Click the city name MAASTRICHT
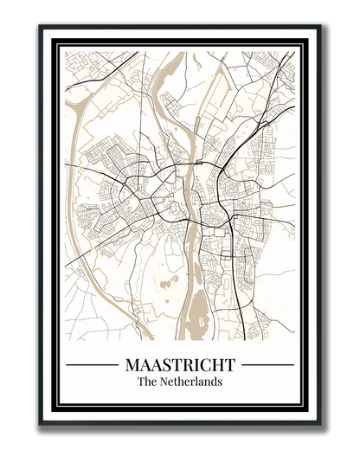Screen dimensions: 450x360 coord(179,364)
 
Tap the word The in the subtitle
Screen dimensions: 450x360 coord(147,381)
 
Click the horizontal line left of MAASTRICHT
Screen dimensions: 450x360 coord(91,365)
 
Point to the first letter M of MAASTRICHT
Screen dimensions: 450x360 coord(132,364)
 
